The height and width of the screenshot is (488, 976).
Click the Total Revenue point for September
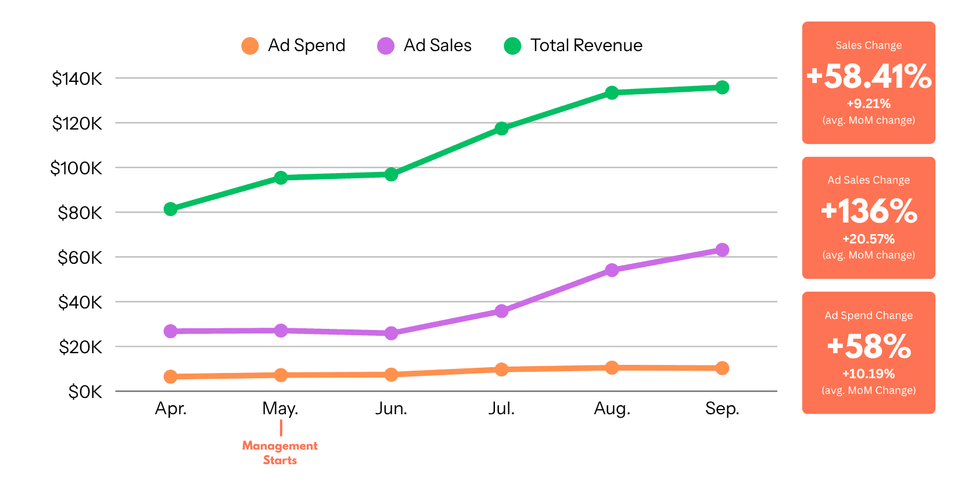722,88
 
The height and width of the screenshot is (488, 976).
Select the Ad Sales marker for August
612,270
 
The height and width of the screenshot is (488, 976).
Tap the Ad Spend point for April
170,377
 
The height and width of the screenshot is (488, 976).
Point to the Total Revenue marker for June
391,174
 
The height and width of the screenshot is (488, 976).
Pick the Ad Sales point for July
501,311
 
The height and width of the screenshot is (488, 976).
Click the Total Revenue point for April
170,209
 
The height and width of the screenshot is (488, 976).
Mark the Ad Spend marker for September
722,368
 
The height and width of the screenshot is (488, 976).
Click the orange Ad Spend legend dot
250,46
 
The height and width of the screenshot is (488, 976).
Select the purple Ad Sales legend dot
386,46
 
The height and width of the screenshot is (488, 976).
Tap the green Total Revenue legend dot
512,46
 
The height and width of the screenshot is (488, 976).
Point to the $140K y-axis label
77,79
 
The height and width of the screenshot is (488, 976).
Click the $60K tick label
80,257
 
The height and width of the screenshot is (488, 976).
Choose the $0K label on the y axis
85,392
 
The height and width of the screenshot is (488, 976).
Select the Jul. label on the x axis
501,409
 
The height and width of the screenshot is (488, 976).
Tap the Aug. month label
612,409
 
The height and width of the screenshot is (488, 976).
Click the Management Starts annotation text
280,453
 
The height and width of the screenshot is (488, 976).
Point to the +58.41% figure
869,76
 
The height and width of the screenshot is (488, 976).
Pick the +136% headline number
869,211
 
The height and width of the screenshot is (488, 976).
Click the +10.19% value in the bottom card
869,374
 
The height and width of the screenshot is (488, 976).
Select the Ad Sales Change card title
869,180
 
